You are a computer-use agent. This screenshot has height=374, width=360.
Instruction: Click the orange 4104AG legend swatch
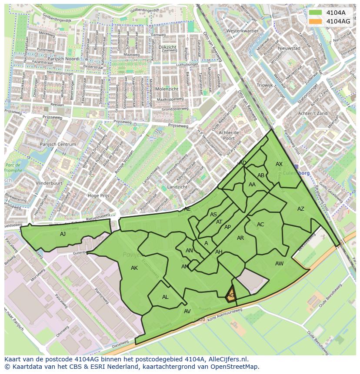pyautogui.click(x=316, y=21)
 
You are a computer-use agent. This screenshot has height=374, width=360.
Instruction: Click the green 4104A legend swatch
pyautogui.click(x=316, y=13)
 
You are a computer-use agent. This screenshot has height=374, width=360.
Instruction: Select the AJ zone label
pyautogui.click(x=63, y=234)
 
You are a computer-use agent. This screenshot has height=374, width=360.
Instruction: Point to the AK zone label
pyautogui.click(x=134, y=268)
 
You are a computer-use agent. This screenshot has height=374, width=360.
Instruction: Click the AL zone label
pyautogui.click(x=165, y=297)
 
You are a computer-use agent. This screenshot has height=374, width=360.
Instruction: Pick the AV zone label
pyautogui.click(x=187, y=311)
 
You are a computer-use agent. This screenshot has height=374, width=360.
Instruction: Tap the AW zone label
pyautogui.click(x=279, y=264)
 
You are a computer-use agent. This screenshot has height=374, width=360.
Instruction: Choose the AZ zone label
pyautogui.click(x=300, y=209)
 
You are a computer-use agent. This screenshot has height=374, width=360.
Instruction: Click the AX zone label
pyautogui.click(x=279, y=164)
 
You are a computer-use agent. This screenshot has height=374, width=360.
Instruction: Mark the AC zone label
pyautogui.click(x=260, y=225)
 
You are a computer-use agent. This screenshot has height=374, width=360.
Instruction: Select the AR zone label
pyautogui.click(x=240, y=238)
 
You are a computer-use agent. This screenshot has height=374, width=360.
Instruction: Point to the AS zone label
pyautogui.click(x=213, y=215)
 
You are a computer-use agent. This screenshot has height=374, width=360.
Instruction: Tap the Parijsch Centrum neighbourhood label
pyautogui.click(x=58, y=144)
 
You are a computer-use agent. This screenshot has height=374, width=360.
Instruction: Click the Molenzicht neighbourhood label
pyautogui.click(x=167, y=89)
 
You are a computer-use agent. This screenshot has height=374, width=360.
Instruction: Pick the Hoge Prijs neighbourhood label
pyautogui.click(x=99, y=196)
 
